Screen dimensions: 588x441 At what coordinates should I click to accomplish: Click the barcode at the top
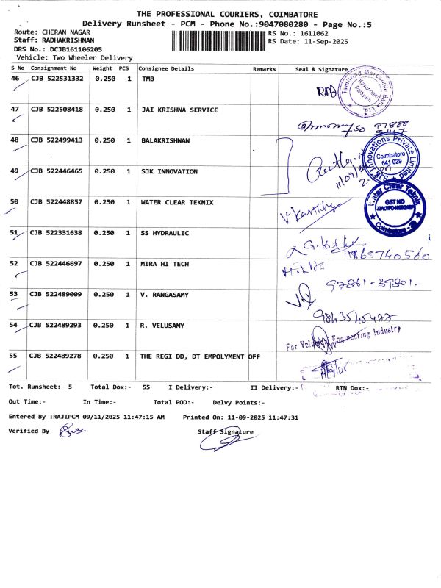(218, 40)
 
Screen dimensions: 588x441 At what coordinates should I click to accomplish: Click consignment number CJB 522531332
(57, 79)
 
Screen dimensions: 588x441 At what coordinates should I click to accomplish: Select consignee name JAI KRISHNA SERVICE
(179, 110)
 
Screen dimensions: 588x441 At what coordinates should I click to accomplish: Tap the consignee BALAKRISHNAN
(165, 140)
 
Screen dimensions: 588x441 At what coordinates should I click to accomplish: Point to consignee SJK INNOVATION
(169, 171)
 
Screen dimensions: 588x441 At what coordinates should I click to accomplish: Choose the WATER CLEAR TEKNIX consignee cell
(177, 202)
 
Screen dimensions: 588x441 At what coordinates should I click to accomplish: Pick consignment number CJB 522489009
(57, 294)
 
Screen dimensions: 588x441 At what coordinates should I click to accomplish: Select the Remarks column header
(264, 68)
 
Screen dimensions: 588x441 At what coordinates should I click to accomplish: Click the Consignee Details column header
(166, 68)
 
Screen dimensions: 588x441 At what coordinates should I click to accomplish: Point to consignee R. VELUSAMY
(163, 325)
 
